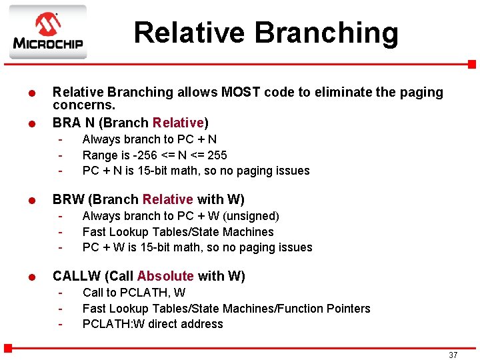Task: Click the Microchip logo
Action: click(47, 32)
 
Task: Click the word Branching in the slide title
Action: click(326, 32)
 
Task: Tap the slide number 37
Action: click(453, 355)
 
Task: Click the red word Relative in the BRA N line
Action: click(178, 123)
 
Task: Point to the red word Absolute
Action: click(165, 276)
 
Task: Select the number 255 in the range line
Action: click(217, 155)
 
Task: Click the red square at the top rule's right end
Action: click(471, 64)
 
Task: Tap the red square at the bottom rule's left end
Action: click(8, 347)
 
